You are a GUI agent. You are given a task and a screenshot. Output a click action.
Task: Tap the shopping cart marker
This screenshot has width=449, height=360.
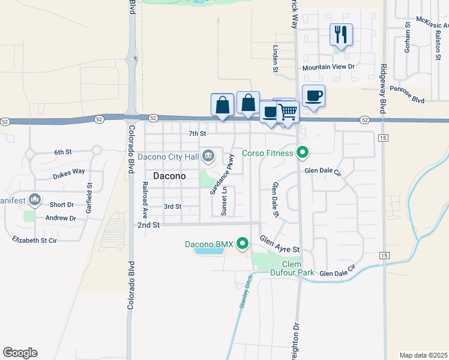point(288,112)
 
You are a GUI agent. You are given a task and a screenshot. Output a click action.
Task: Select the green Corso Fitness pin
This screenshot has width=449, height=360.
point(303,153)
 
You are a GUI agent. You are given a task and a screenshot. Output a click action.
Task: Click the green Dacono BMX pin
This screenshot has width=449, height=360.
point(243,244)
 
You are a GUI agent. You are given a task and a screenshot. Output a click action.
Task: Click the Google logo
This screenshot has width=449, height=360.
point(20,353)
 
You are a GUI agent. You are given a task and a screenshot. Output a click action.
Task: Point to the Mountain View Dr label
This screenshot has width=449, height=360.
point(328,67)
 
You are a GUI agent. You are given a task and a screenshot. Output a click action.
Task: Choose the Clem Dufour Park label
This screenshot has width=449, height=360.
point(298,268)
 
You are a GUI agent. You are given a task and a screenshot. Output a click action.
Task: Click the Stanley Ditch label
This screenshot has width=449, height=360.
point(244,294)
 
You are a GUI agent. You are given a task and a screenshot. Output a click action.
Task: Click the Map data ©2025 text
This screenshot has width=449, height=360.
point(424,355)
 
